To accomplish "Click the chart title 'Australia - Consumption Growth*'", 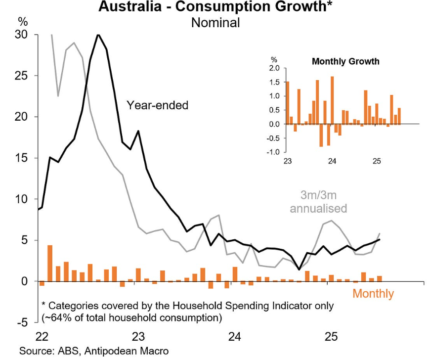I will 214,7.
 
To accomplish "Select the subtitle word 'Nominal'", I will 215,23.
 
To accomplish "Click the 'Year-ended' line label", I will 158,105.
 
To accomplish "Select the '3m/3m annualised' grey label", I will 318,201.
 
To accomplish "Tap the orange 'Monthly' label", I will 373,294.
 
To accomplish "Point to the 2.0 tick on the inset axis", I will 274,68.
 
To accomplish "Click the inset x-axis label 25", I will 376,162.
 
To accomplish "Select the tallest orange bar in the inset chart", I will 332,100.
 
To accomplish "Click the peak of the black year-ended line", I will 98,35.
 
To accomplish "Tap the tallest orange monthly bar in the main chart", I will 50,263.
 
